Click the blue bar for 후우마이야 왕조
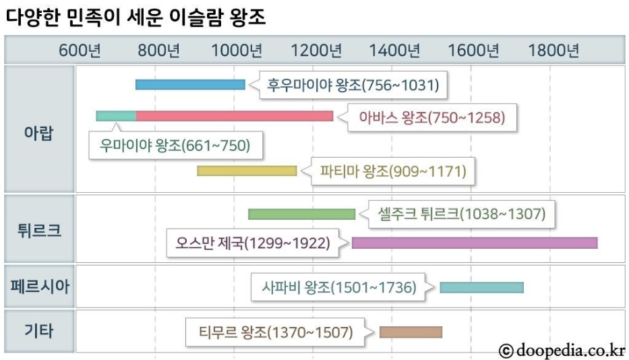tap(190, 85)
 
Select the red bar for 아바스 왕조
tap(235, 116)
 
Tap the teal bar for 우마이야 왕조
tap(116, 116)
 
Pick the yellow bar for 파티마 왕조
tap(247, 171)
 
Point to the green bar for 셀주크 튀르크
tap(301, 214)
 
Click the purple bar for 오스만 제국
tap(475, 243)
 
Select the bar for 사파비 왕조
tap(481, 287)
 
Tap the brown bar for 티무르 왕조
tap(411, 332)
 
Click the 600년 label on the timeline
tap(80, 51)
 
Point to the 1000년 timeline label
tap(237, 51)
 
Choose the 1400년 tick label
tap(395, 51)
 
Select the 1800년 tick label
tap(553, 51)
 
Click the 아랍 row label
tap(38, 131)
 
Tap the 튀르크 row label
tap(38, 229)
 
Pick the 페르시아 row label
tap(38, 287)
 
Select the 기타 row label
tap(38, 331)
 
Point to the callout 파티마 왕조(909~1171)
tap(393, 171)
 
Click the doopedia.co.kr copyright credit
tap(562, 350)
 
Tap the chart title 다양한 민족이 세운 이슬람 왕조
tap(135, 18)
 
